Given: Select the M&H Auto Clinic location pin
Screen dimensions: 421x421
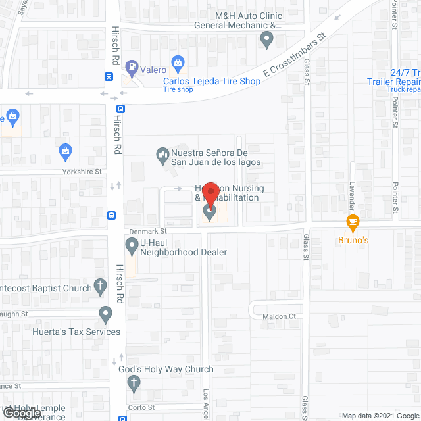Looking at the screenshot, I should click(266, 40).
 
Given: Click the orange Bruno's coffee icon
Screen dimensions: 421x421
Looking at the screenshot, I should click(353, 222).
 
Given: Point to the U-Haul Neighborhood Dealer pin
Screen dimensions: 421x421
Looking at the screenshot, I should click(132, 246).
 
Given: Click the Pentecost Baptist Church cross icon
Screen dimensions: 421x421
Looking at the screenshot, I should click(100, 286).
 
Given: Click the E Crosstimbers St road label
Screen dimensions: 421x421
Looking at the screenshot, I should click(295, 58).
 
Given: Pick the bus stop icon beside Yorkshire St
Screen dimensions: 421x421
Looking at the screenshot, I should click(111, 214).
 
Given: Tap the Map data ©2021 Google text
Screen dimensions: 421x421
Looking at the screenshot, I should click(380, 415).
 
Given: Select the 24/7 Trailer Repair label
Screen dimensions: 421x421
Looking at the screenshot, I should click(393, 77).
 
